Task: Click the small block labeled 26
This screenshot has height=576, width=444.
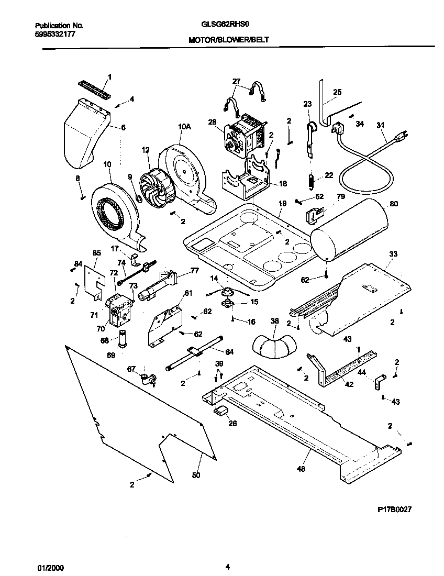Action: tap(220, 410)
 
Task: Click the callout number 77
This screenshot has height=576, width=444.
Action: tap(194, 270)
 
